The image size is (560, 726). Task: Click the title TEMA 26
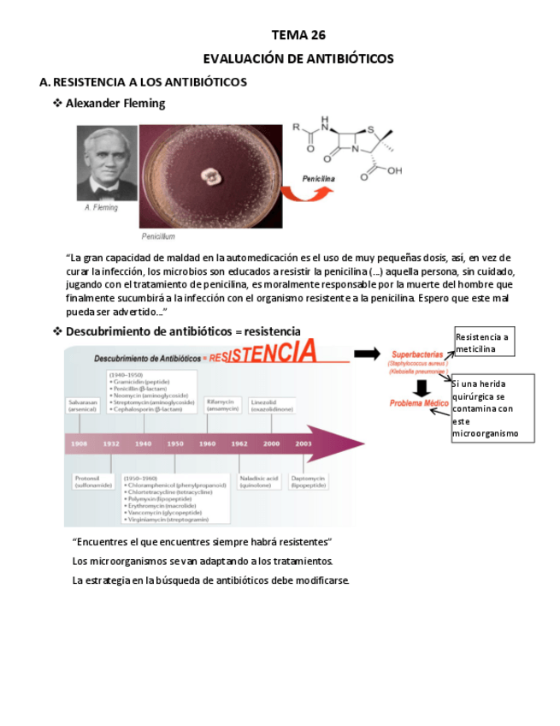298,35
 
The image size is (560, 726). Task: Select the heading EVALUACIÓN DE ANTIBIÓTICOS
298,59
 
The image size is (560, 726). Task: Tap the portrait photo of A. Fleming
107,164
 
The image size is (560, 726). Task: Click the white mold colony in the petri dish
210,176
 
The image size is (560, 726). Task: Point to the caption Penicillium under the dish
158,235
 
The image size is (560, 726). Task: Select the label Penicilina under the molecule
318,179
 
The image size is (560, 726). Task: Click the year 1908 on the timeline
80,443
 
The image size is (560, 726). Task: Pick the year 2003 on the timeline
304,443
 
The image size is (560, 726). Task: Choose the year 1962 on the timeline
239,443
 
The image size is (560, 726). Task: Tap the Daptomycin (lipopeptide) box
309,482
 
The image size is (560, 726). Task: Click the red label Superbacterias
416,354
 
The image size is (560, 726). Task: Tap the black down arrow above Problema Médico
421,387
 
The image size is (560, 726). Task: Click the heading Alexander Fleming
115,104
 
